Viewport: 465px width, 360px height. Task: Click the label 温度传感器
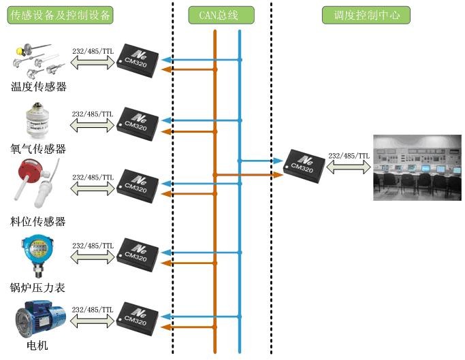point(39,86)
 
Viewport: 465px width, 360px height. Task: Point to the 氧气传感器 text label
point(39,149)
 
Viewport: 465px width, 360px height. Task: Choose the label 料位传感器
point(39,221)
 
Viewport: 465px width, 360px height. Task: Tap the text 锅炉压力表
point(39,288)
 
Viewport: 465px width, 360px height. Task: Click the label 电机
point(37,346)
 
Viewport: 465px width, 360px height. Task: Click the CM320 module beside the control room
point(304,166)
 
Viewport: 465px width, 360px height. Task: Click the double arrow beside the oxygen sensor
point(92,125)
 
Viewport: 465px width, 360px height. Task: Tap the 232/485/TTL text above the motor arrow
point(92,308)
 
